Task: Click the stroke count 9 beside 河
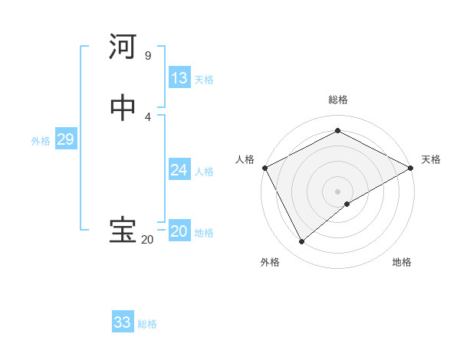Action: click(147, 56)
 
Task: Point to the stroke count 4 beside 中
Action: click(147, 116)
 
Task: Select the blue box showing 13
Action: click(179, 78)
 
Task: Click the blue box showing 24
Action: click(179, 170)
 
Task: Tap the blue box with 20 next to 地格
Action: click(179, 231)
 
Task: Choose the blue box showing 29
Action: click(65, 139)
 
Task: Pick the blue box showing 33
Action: click(123, 322)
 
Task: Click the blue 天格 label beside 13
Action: click(204, 80)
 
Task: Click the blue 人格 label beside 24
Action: click(204, 172)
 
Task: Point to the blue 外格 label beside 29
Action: click(41, 141)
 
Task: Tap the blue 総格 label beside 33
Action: click(147, 324)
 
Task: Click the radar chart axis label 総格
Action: click(337, 100)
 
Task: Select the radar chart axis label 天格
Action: click(431, 159)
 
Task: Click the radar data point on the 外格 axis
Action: click(302, 241)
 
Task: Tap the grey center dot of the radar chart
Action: click(337, 191)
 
